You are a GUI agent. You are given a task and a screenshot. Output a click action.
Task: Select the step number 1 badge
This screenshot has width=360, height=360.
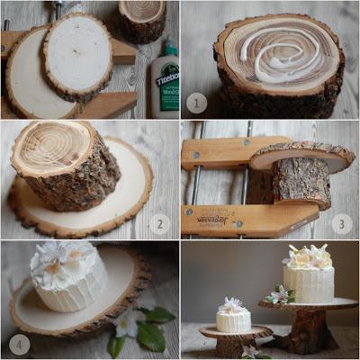(x=197, y=102)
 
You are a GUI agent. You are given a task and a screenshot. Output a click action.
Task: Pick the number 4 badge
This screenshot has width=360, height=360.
(x=20, y=343)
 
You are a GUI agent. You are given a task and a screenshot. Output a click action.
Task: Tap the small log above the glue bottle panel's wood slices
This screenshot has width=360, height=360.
(x=143, y=20)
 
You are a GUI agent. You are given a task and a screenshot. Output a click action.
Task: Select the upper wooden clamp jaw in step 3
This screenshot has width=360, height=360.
(x=220, y=153)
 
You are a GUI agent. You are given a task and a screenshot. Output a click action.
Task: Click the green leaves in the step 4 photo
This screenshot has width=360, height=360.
(x=144, y=328)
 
